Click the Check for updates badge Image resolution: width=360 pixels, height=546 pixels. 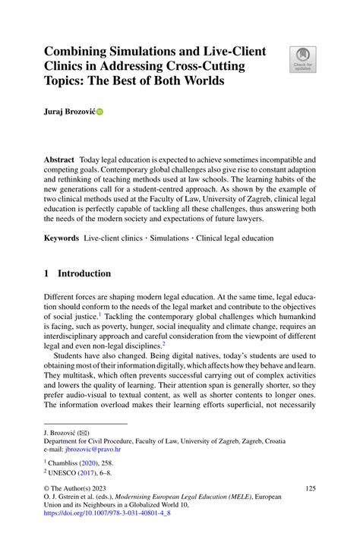pos(302,60)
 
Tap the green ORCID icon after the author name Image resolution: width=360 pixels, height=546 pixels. pos(99,112)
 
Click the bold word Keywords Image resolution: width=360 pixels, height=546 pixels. pos(61,238)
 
